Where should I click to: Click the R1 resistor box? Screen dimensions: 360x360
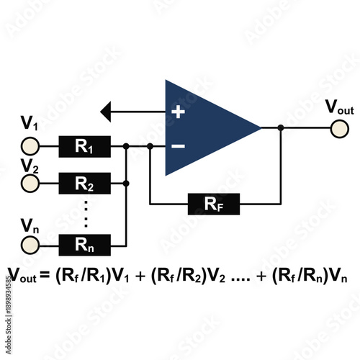(x=84, y=147)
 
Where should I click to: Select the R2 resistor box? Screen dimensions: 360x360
(x=84, y=184)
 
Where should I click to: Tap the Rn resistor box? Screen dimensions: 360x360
(x=84, y=244)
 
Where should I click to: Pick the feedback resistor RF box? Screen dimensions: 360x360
(x=214, y=204)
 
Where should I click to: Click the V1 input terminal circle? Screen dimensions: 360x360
(x=30, y=147)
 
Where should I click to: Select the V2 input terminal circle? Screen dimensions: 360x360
(x=30, y=184)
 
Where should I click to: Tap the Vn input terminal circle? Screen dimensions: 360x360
(x=30, y=245)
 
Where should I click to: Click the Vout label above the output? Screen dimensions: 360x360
(x=340, y=108)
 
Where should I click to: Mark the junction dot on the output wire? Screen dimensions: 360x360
(x=281, y=127)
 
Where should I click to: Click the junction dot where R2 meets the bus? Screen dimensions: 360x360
(x=127, y=184)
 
